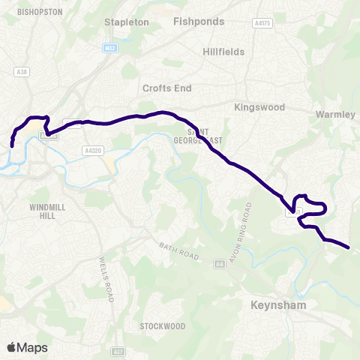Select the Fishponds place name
click(199, 22)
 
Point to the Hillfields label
click(223, 52)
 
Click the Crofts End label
click(167, 88)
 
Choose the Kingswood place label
click(259, 107)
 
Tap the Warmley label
click(334, 115)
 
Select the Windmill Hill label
click(49, 211)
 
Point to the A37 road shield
click(120, 349)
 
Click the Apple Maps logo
click(28, 347)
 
